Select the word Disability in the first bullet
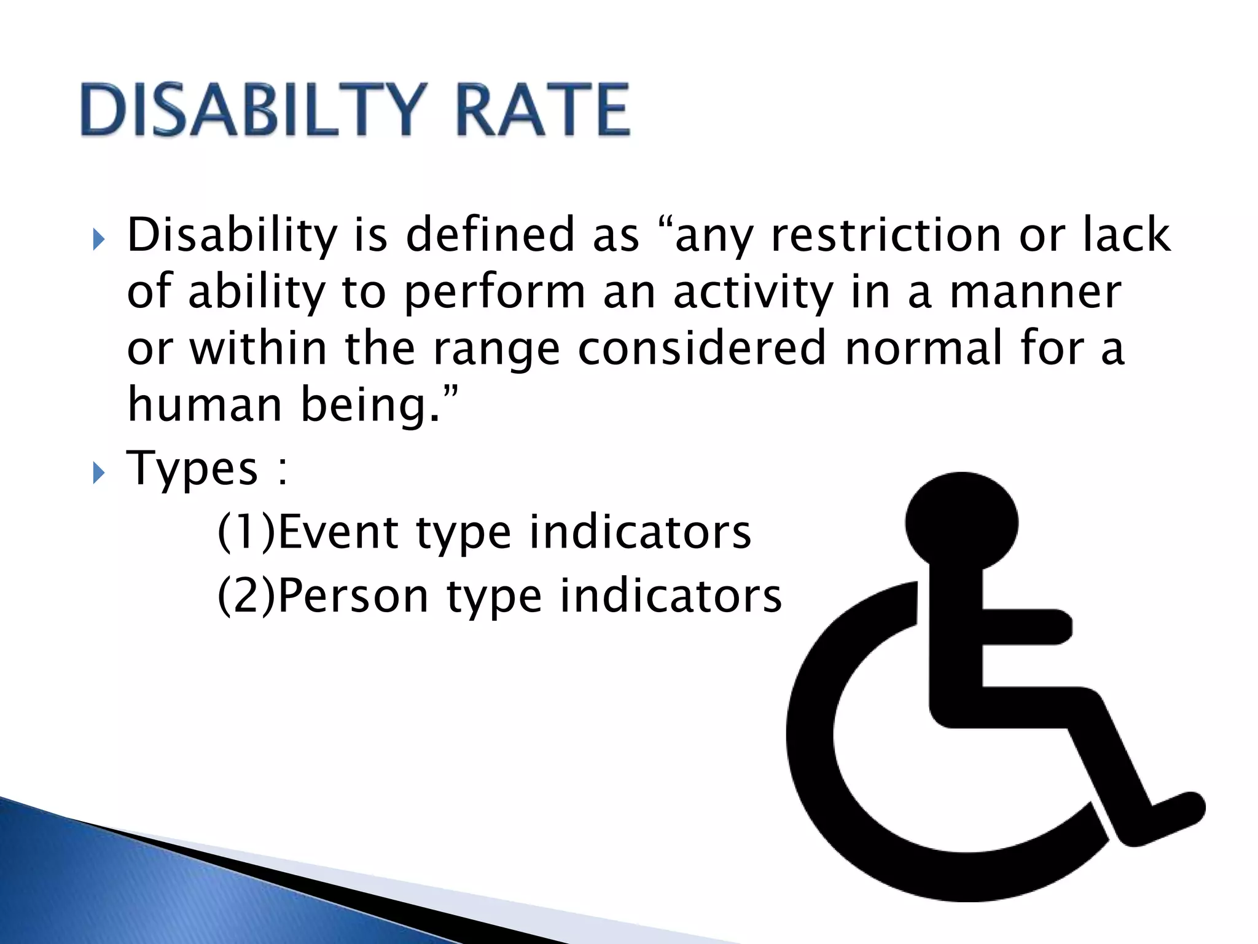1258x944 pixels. (232, 236)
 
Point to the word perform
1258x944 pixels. (495, 294)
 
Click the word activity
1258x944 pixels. (753, 294)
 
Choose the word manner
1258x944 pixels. (1036, 293)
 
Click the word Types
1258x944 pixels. (192, 468)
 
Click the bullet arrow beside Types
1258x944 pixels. (99, 473)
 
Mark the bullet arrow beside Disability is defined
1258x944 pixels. (99, 240)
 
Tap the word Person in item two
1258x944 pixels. (354, 596)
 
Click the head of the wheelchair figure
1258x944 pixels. (961, 522)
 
